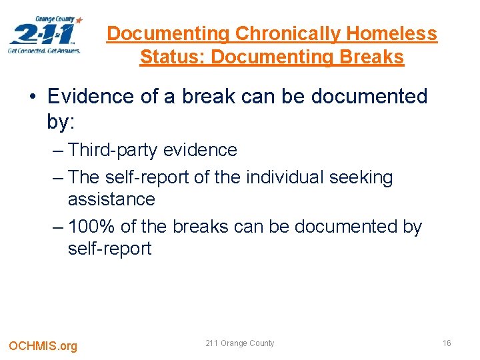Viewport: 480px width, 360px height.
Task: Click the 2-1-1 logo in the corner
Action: coord(44,33)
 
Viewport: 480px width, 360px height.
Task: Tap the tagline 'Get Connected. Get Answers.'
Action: coord(44,50)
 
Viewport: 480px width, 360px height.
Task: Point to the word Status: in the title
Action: coord(173,57)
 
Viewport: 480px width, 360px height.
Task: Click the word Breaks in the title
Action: coord(372,57)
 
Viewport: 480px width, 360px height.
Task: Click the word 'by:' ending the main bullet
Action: coord(61,121)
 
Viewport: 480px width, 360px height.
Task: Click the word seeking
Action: coord(362,177)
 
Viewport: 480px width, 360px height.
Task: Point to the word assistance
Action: coord(111,199)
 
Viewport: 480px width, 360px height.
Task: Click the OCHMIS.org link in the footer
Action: coord(43,345)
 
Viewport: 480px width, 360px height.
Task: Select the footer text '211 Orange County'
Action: coord(240,343)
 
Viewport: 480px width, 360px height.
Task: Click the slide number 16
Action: coord(447,343)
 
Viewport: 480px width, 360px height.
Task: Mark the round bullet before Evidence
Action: coord(33,97)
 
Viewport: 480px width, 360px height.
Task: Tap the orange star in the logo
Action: coord(79,20)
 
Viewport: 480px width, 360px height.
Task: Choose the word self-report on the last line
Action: coord(110,249)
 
